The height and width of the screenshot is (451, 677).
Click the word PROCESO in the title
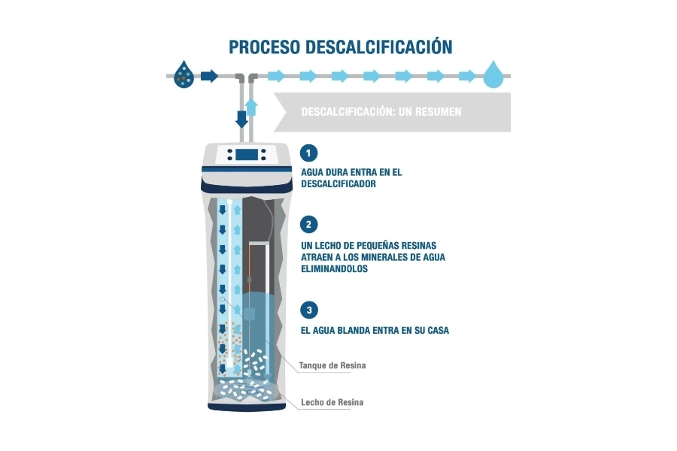point(264,47)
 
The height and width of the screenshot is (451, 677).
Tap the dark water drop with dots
point(184,74)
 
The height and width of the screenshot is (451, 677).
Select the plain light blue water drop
point(493,74)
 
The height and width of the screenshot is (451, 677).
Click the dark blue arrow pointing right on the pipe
point(209,76)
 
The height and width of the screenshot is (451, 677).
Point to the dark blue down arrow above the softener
point(241,119)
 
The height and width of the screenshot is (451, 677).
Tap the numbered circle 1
point(308,153)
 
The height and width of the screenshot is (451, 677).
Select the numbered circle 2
point(308,225)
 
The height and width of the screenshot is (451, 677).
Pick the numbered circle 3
point(308,310)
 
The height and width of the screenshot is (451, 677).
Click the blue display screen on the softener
point(247,155)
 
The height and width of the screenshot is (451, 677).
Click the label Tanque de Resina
point(332,365)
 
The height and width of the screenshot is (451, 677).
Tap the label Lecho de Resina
point(332,402)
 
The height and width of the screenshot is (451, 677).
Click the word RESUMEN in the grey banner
point(439,112)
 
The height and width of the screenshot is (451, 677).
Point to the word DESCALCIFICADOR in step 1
point(338,184)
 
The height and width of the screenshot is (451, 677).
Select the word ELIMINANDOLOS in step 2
point(334,269)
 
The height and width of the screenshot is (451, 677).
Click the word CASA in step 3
point(439,331)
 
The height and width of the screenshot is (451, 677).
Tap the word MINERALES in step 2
point(385,257)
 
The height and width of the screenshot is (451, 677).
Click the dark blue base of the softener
point(247,407)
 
